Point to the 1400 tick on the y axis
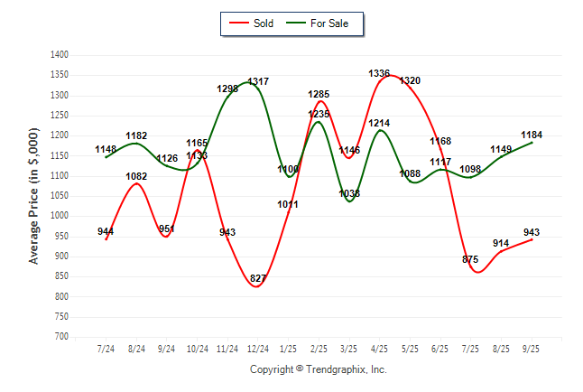pos(60,55)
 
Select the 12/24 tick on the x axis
pos(257,349)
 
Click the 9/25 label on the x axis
pos(532,349)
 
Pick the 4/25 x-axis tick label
pos(379,349)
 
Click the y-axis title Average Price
pos(35,196)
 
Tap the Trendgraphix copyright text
pos(318,369)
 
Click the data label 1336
pos(379,73)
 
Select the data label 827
pos(258,278)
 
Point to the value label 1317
pos(258,82)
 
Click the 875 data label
pos(470,259)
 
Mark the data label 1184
pos(532,135)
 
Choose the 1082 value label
pos(136,176)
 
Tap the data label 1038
pos(349,193)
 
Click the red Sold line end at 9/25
pos(532,238)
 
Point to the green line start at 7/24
pos(106,157)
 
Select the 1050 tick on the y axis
pos(60,196)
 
